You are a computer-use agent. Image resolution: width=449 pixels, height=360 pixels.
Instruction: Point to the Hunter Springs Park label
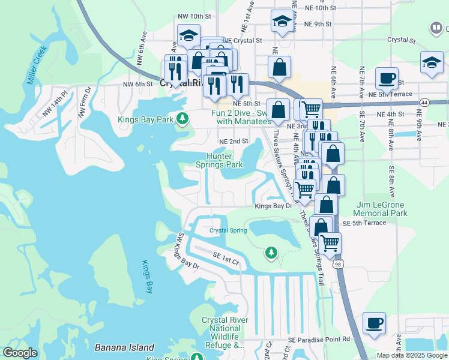pyautogui.click(x=220, y=160)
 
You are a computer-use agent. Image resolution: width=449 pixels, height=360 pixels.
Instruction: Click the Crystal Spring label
pyautogui.click(x=228, y=230)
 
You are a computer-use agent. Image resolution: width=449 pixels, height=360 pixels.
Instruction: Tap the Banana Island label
pyautogui.click(x=124, y=347)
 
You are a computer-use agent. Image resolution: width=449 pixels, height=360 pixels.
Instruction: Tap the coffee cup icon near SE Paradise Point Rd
pyautogui.click(x=375, y=323)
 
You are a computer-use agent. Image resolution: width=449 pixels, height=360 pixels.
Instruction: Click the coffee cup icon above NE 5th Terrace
pyautogui.click(x=387, y=78)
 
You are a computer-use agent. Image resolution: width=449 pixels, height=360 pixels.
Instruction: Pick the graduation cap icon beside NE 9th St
pyautogui.click(x=282, y=22)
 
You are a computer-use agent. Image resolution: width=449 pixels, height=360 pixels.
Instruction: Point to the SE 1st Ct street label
pyautogui.click(x=226, y=259)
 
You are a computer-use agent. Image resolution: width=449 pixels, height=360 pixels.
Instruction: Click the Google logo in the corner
pyautogui.click(x=20, y=353)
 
